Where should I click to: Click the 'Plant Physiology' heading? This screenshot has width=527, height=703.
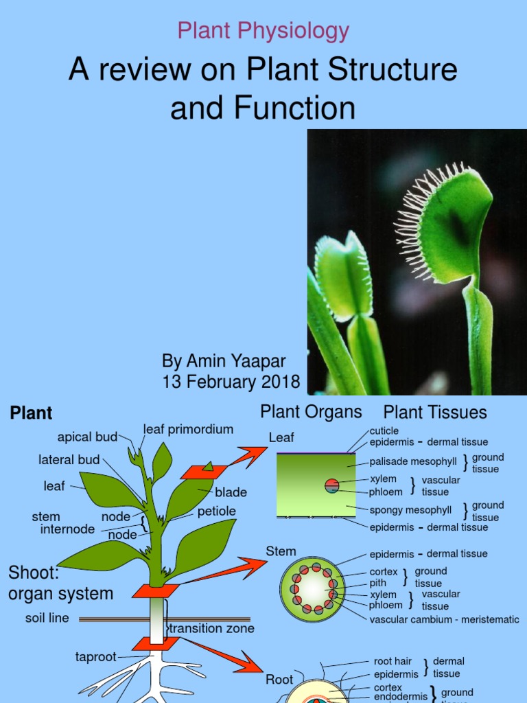(263, 31)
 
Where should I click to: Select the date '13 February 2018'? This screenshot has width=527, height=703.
(231, 382)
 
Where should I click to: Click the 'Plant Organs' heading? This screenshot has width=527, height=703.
(311, 412)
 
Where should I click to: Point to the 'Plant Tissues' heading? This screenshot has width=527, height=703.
(435, 413)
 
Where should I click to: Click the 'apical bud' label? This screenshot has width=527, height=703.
(87, 437)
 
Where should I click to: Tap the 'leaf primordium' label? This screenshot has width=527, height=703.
(188, 430)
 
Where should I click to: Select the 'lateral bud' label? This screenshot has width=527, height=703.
(69, 460)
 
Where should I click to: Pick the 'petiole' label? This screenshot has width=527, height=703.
(216, 511)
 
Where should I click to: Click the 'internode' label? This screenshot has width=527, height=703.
(67, 529)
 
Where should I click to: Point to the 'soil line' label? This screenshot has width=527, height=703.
(47, 618)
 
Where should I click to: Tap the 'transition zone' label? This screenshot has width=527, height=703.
(212, 629)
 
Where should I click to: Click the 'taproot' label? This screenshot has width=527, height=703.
(97, 657)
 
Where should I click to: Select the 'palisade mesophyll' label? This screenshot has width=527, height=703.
(414, 462)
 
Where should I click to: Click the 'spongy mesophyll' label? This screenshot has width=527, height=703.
(410, 510)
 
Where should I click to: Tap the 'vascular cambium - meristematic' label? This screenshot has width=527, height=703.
(444, 619)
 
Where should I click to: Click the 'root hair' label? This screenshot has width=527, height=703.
(393, 661)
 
